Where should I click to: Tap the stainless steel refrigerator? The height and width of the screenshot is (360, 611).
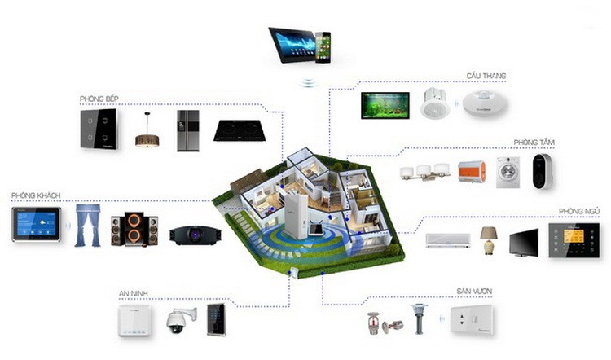(188, 130)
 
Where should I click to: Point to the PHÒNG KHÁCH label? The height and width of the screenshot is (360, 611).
(37, 196)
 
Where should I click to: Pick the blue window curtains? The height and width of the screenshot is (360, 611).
(88, 225)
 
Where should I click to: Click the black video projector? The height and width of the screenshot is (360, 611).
(195, 235)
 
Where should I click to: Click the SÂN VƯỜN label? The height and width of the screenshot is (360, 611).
(474, 292)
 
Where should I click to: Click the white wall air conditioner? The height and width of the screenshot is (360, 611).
(447, 240)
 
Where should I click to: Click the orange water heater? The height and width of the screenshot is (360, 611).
(471, 173)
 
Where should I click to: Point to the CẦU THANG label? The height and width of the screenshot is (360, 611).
(486, 76)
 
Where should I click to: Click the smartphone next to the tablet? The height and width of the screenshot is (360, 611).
(323, 46)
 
